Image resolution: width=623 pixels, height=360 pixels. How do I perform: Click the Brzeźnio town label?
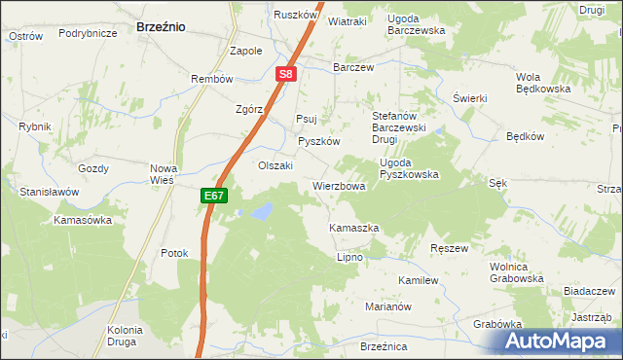(x=162, y=28)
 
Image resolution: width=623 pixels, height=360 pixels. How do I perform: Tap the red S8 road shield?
(x=284, y=73)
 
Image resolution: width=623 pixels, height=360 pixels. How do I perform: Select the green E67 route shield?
(x=215, y=196)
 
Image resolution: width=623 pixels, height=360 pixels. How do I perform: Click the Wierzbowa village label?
(x=339, y=186)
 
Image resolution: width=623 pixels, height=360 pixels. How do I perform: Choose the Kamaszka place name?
(x=353, y=228)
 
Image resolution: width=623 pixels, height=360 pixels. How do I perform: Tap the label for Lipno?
(x=349, y=258)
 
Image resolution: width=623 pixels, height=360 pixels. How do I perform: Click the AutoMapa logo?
(x=557, y=341)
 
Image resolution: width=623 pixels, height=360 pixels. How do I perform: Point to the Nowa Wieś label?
(x=163, y=174)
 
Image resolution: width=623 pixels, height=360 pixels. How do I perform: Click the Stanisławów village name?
(x=49, y=193)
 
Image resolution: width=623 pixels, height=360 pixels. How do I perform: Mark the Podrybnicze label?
(x=88, y=33)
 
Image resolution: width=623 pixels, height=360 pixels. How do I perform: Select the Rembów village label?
(x=212, y=79)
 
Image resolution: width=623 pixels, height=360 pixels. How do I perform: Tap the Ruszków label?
(x=296, y=16)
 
